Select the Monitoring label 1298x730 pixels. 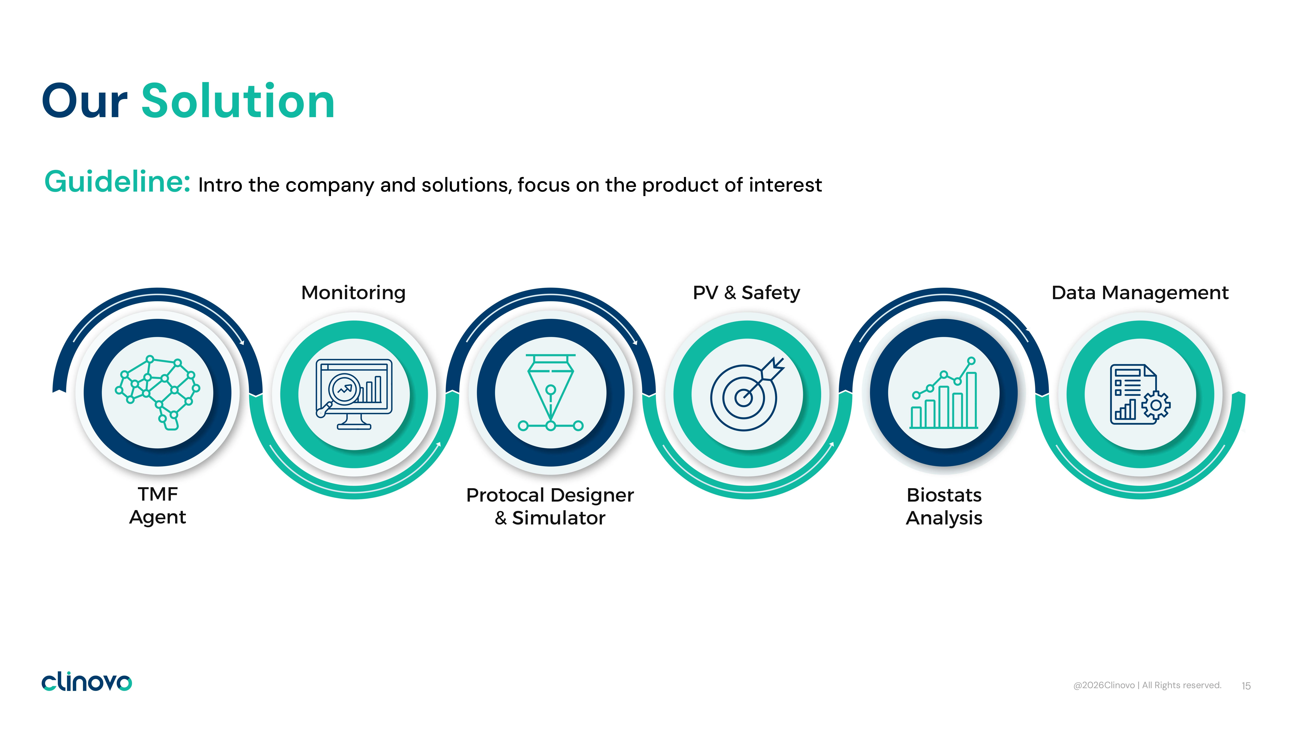coord(353,293)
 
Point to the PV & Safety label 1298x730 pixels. coord(746,293)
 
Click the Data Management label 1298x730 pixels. coord(1140,293)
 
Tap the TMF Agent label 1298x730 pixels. coord(158,506)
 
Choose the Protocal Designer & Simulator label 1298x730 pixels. coord(550,506)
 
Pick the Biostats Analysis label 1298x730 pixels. coord(944,506)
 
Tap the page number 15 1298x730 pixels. coord(1246,686)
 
